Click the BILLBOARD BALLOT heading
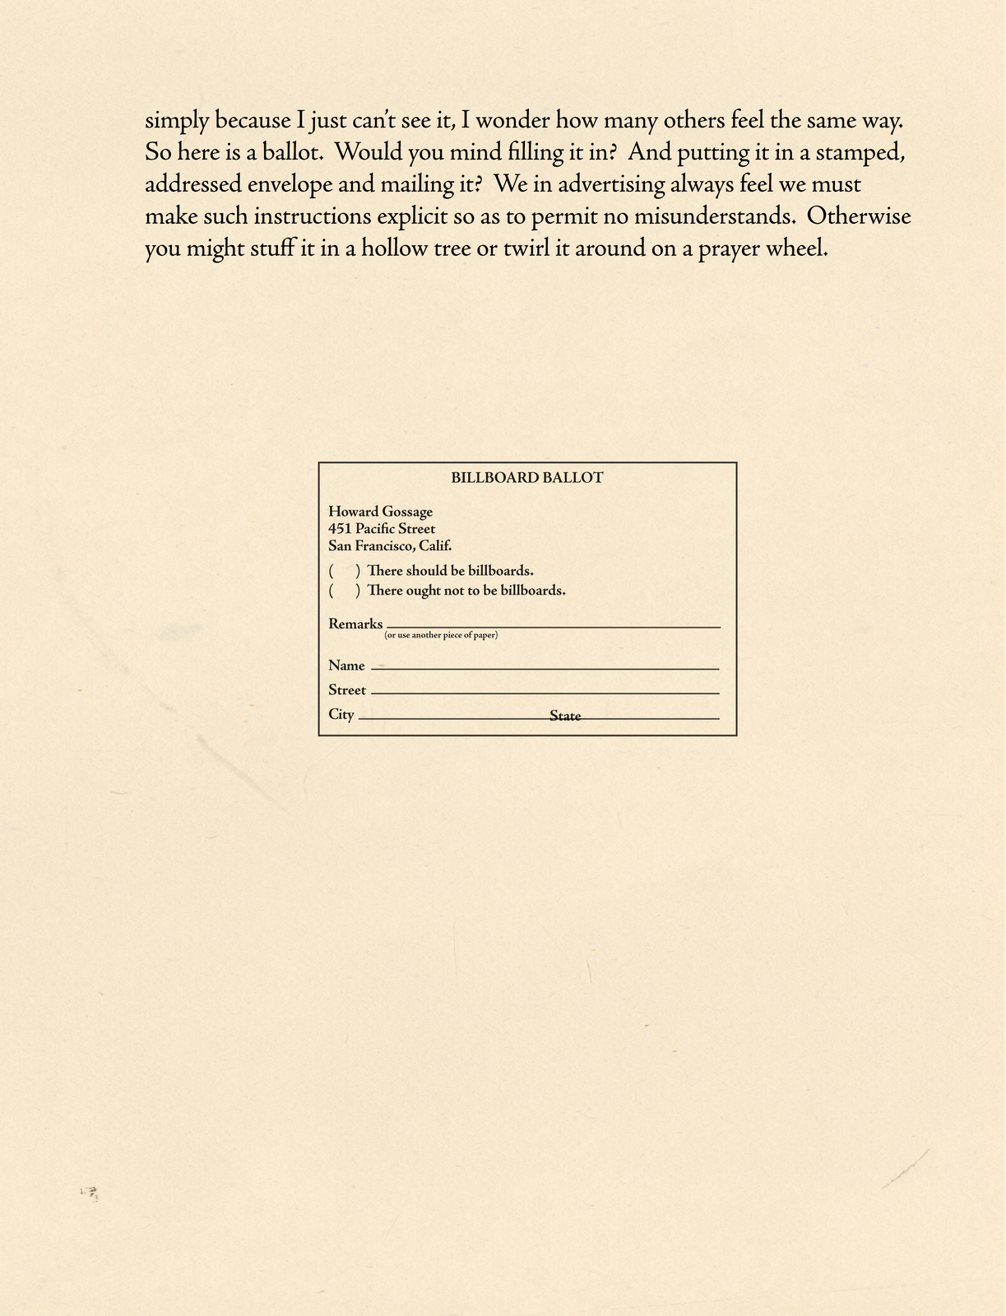point(527,478)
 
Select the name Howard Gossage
point(380,512)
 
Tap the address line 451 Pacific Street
point(382,529)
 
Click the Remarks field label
point(355,624)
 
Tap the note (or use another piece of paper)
point(441,636)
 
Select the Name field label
point(346,665)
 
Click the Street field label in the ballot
point(347,690)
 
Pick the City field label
point(341,714)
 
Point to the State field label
point(565,716)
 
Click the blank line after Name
point(545,668)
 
